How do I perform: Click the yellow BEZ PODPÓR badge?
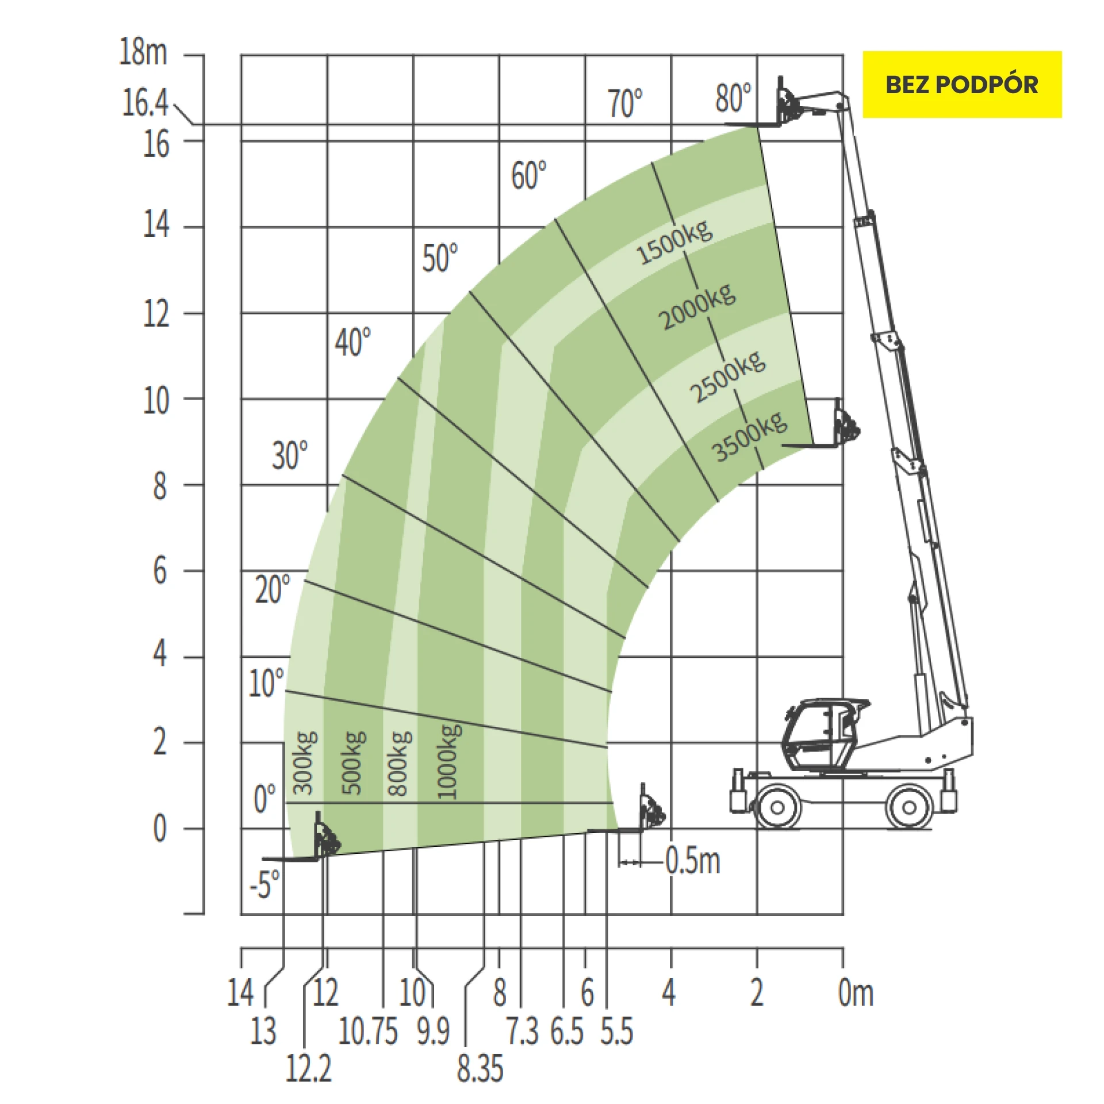(x=962, y=85)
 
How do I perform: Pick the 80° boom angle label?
(x=733, y=97)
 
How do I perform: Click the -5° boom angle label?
(x=264, y=884)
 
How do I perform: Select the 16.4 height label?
(x=145, y=103)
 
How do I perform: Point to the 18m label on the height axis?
(x=143, y=52)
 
